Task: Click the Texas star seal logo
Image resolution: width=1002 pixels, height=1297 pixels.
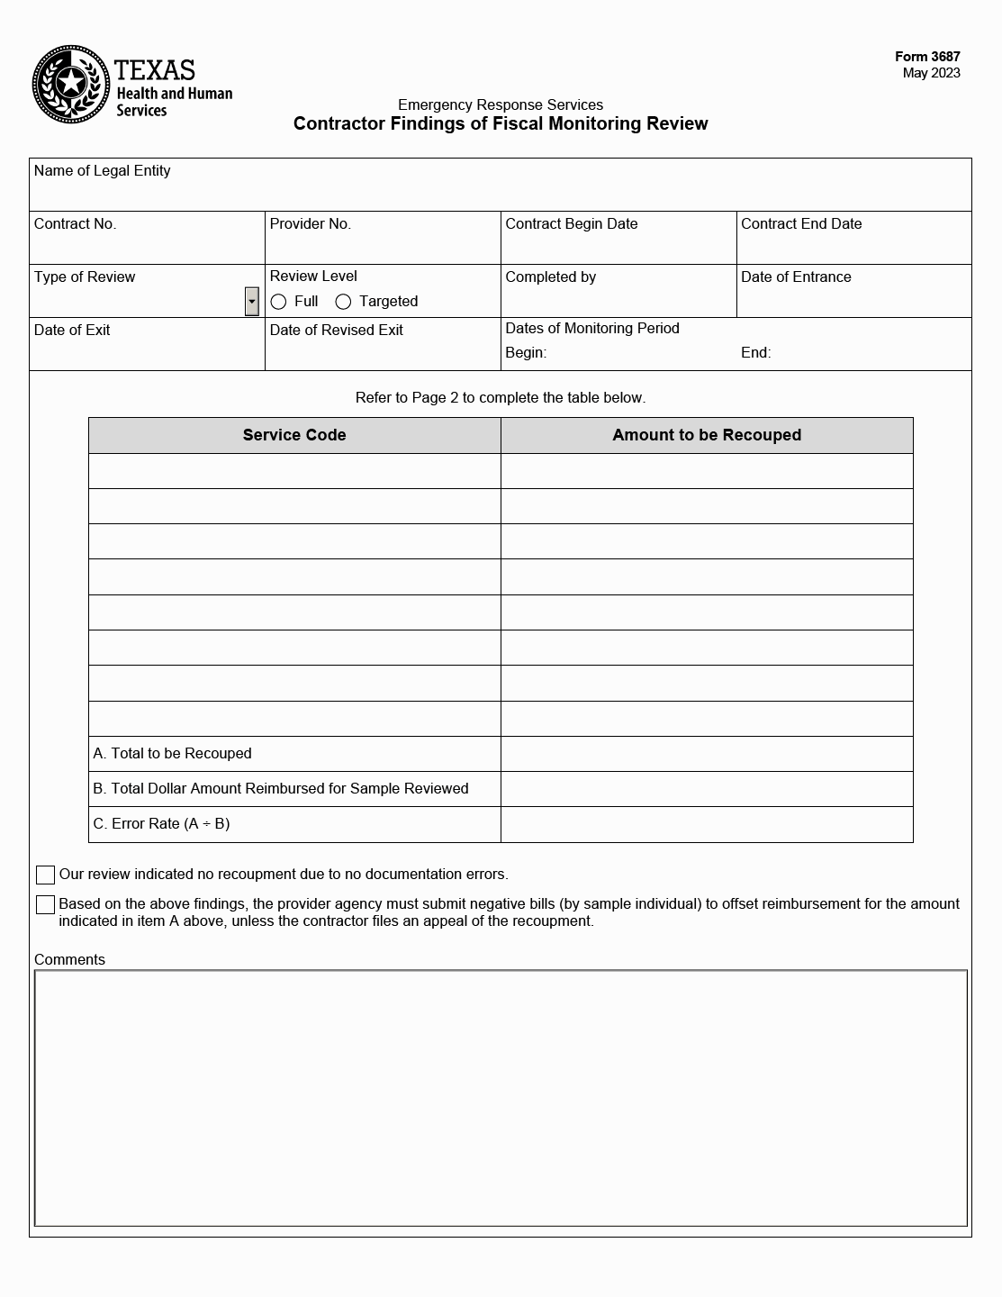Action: (x=71, y=85)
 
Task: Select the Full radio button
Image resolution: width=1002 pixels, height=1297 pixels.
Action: (x=279, y=302)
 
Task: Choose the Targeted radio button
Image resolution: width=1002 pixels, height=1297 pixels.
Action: (x=343, y=302)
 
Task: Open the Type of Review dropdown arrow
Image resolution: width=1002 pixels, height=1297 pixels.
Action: (x=252, y=302)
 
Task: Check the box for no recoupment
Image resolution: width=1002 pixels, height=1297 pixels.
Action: (x=45, y=875)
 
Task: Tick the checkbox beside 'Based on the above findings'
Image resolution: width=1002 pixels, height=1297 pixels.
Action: (x=45, y=904)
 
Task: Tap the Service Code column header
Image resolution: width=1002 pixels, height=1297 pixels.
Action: (x=294, y=435)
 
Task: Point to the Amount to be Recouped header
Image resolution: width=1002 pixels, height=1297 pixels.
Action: (x=707, y=435)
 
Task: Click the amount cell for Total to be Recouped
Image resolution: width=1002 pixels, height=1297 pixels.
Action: (x=707, y=754)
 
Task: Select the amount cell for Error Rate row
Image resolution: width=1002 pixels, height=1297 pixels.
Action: (x=707, y=824)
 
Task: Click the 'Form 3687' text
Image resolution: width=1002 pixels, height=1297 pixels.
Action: (x=927, y=57)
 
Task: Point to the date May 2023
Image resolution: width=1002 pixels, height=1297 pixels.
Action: (x=931, y=73)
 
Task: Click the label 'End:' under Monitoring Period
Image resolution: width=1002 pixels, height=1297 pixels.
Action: (x=755, y=353)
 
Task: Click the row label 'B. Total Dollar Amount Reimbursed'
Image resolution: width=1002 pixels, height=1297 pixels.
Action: (x=281, y=789)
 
